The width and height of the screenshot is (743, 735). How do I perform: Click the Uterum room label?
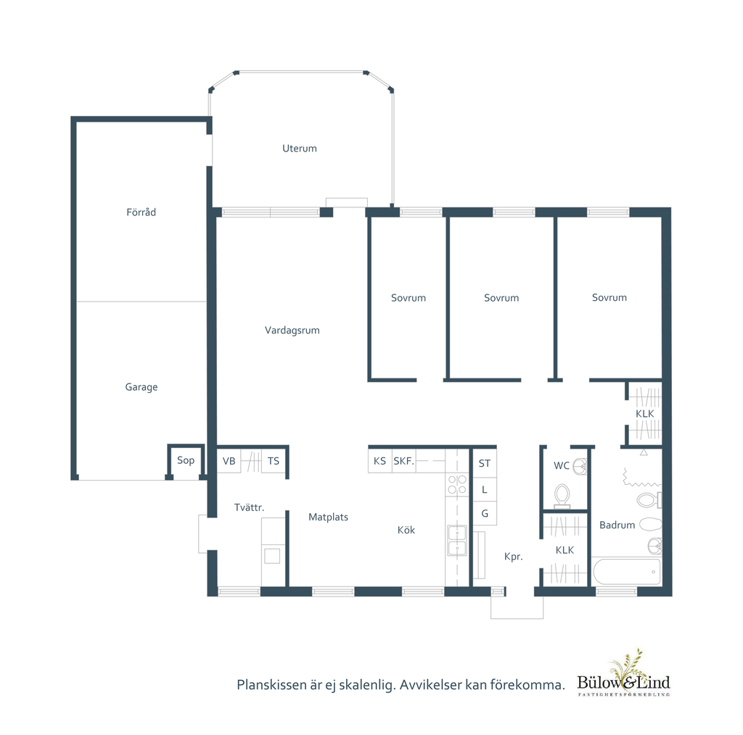300,148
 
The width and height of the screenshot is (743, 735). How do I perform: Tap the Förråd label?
141,212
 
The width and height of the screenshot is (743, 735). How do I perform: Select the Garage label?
141,387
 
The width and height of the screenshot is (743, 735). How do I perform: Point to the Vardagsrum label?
292,331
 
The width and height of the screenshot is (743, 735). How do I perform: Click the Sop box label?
186,460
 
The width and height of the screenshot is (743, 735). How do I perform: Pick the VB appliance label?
229,461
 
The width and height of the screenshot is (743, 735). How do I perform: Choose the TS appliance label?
274,461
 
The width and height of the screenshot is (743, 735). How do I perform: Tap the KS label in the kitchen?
379,461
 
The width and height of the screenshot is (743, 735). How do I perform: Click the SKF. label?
403,461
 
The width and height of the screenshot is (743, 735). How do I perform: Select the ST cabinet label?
484,463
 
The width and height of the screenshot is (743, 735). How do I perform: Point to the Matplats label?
329,518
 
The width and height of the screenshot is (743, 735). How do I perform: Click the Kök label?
406,530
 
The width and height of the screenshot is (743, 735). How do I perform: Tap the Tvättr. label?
250,507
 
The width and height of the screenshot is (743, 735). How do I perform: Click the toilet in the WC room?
562,496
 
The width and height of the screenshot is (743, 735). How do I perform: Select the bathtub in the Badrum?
626,572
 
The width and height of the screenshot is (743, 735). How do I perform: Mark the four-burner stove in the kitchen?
457,485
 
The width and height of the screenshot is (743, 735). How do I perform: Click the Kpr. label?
514,557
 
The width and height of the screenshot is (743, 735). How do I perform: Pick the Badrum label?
617,525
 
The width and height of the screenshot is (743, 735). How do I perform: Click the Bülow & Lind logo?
623,674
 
